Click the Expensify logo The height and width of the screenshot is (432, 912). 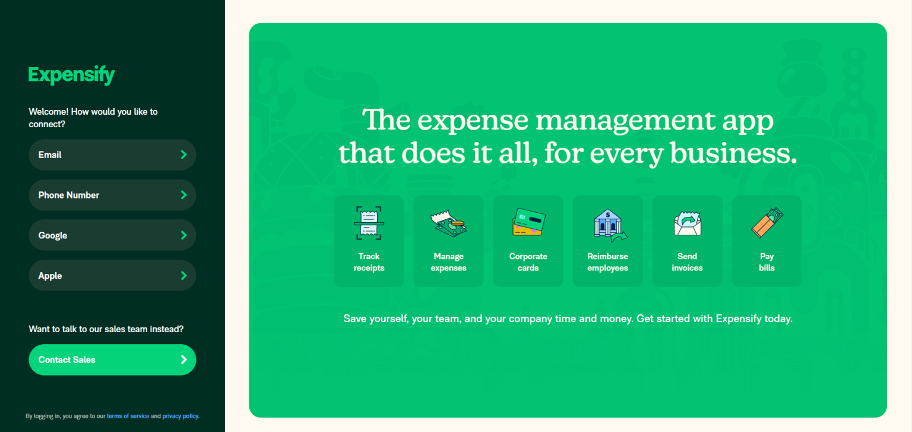(71, 75)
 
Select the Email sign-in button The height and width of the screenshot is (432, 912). (112, 154)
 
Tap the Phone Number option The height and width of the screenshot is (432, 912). (112, 195)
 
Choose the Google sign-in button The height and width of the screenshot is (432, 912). (112, 235)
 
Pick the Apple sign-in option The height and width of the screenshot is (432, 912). (112, 276)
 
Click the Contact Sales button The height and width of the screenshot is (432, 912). (112, 360)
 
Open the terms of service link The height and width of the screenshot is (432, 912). (128, 416)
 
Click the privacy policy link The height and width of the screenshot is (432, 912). (180, 416)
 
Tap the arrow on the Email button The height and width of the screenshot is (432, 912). (183, 154)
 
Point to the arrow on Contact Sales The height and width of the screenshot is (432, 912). (183, 360)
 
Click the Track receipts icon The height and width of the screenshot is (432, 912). (369, 223)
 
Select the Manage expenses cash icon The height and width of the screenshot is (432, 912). (448, 223)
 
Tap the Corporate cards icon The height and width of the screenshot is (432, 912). (528, 222)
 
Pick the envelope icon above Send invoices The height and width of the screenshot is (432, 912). (688, 223)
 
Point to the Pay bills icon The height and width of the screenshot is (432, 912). (767, 222)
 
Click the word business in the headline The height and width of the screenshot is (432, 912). (733, 154)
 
